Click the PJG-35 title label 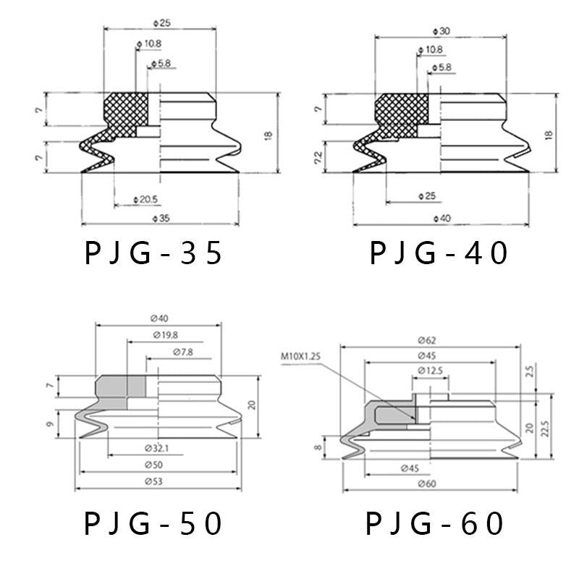153,253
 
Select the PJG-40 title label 439,253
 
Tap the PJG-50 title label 153,523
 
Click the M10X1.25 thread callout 300,357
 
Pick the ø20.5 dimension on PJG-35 145,200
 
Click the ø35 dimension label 161,219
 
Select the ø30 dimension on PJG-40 441,31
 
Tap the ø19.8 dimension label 166,335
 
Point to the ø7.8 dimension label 183,352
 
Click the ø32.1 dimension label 157,448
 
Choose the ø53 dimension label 153,481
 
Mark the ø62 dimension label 427,340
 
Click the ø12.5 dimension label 430,370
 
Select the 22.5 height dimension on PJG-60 545,428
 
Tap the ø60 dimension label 427,483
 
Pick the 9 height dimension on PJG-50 50,424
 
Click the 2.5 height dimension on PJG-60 529,372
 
